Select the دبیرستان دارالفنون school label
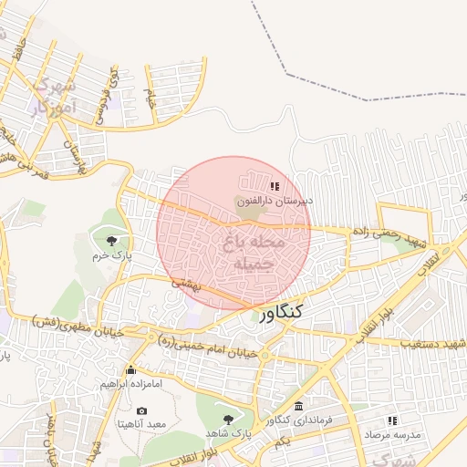click(x=275, y=200)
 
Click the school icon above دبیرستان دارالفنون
click(x=275, y=185)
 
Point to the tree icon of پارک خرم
click(x=112, y=241)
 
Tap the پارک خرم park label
click(x=114, y=256)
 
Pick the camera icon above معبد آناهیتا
click(x=142, y=410)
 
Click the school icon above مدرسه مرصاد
click(x=392, y=420)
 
